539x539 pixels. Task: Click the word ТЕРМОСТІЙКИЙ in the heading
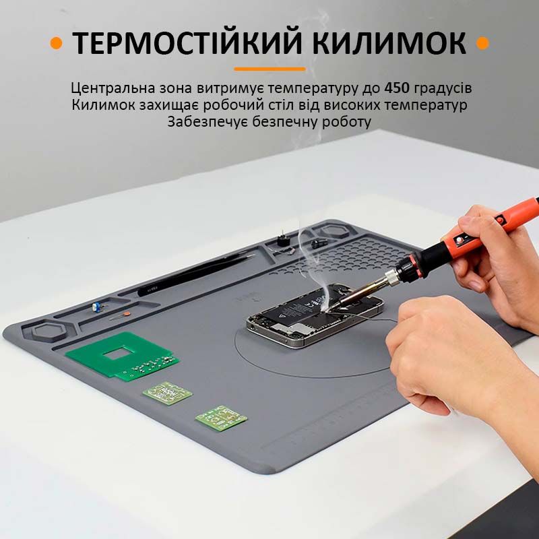coord(190,43)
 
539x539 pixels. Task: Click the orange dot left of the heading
coord(56,43)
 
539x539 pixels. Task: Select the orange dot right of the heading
coord(482,43)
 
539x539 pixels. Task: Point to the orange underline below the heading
coord(269,69)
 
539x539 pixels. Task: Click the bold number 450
coord(397,88)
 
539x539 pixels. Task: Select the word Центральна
coord(113,89)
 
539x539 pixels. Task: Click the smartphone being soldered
coord(315,315)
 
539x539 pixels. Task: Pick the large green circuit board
coord(123,356)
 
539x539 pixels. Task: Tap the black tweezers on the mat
coord(194,274)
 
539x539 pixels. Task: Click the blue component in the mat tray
coord(97,307)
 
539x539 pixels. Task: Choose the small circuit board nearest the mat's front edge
coord(222,418)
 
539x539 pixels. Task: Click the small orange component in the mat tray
coord(127,313)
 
